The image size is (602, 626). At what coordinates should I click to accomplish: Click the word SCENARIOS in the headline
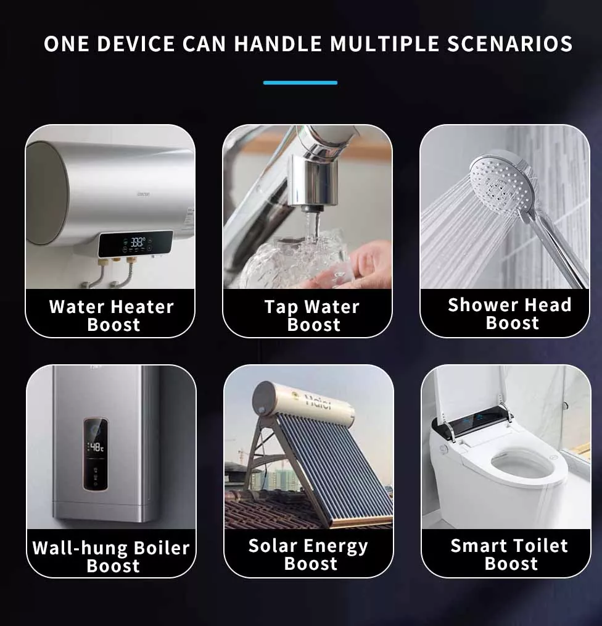point(509,44)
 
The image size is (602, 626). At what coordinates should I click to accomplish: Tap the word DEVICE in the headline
point(136,44)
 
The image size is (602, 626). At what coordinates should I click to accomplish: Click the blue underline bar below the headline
point(300,83)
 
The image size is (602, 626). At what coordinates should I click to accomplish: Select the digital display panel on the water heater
point(136,243)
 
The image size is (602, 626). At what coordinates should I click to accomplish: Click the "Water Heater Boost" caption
point(112,316)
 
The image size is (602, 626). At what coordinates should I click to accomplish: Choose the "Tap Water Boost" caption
point(312,316)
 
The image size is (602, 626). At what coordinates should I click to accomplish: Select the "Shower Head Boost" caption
point(510,314)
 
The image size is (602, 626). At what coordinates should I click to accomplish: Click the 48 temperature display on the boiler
point(96,447)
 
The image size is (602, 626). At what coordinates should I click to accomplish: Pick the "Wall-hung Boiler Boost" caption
point(111,556)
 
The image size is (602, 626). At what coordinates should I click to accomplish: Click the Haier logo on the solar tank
point(318,401)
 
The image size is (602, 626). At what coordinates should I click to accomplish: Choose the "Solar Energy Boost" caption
point(308,554)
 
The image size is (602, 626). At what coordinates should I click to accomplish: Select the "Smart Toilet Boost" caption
point(509,554)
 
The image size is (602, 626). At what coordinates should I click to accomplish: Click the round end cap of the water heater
point(47,193)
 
